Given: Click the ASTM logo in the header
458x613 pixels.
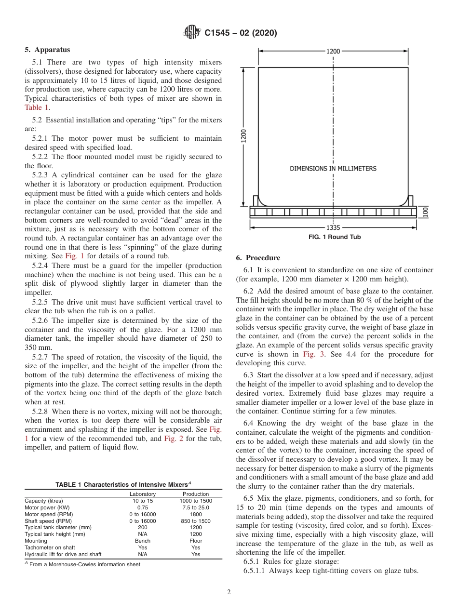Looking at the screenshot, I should (x=192, y=33).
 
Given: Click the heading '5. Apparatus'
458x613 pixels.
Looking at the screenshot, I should (x=47, y=50).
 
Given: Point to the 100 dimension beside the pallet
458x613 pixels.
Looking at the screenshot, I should (x=426, y=212).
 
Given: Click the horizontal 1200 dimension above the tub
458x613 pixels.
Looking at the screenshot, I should (x=333, y=51).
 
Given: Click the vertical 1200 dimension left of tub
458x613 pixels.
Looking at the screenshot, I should (x=244, y=135).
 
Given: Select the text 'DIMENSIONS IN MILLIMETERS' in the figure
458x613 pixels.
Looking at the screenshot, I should (x=333, y=169).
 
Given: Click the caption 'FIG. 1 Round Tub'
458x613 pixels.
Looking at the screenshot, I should (x=335, y=237).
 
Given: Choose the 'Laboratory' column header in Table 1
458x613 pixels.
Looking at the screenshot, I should (x=143, y=494).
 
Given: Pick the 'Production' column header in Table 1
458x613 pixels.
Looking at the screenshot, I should (x=196, y=494).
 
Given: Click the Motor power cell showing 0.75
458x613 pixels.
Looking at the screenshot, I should (x=143, y=507).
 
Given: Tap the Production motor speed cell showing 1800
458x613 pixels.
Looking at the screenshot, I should (x=196, y=514).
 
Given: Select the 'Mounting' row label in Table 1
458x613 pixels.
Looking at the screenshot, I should (x=36, y=541).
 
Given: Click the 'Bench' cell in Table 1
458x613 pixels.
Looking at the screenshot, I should (x=143, y=541).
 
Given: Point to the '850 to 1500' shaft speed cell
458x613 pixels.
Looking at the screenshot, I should (x=196, y=521).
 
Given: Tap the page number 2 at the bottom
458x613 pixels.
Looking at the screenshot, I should (x=229, y=593).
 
